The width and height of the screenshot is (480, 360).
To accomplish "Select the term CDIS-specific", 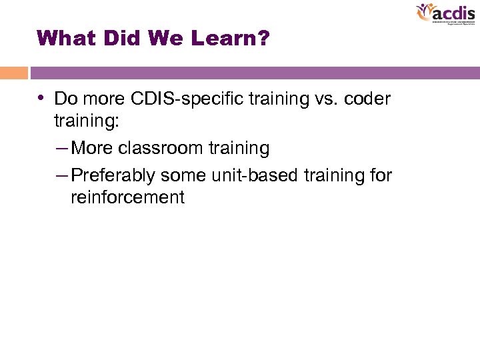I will coord(187,99).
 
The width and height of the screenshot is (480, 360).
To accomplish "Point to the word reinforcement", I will coord(127,197).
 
